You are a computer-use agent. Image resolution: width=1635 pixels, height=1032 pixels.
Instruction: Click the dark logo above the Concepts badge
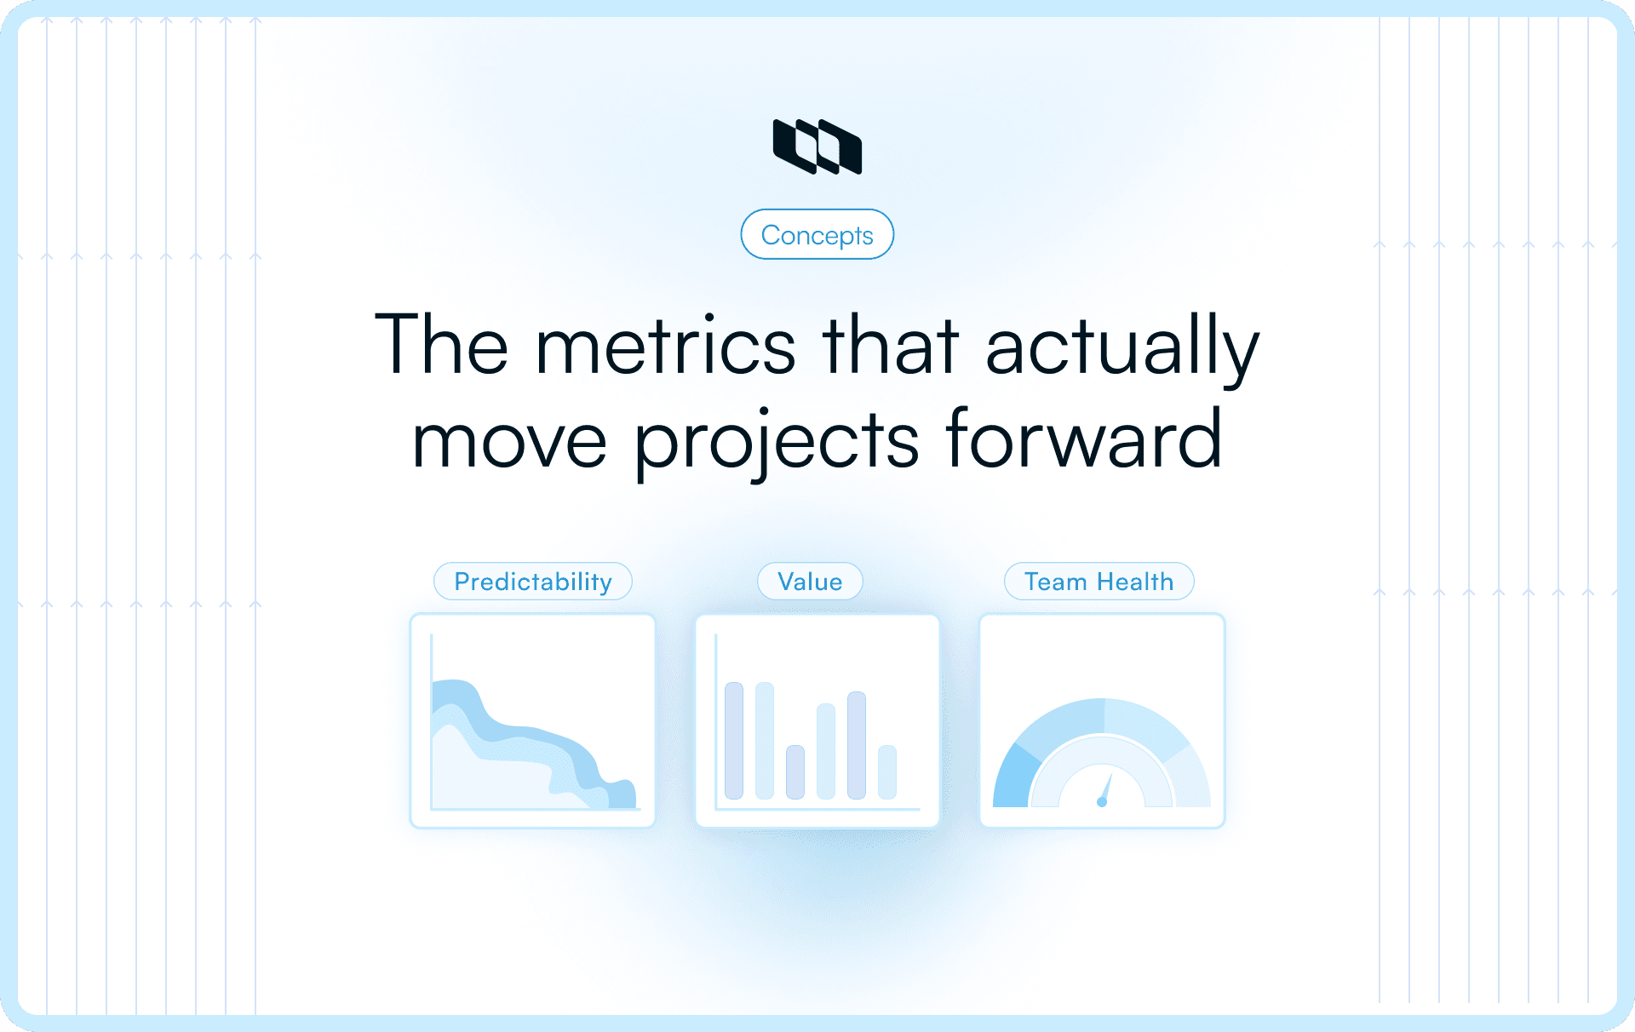(817, 146)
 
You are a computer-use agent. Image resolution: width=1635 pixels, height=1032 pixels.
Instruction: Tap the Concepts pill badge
(817, 235)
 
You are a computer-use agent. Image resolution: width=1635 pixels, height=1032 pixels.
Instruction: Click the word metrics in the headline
(665, 346)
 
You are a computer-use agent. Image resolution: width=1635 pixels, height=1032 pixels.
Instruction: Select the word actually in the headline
(1122, 346)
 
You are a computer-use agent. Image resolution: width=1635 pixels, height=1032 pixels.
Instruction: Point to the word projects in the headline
(776, 441)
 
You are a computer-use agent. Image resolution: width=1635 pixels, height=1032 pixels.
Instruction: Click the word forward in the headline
(1083, 439)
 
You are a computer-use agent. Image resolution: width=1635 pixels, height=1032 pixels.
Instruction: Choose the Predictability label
(533, 582)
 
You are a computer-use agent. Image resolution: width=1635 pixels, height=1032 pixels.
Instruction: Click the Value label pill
(810, 582)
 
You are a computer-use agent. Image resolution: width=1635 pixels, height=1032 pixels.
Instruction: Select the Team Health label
(1099, 582)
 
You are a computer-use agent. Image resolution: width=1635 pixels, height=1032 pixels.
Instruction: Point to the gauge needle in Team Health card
(1105, 789)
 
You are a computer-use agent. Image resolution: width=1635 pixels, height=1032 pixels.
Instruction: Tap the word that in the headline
(890, 346)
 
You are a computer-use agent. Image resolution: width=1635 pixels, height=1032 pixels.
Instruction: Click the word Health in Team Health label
(1135, 582)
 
